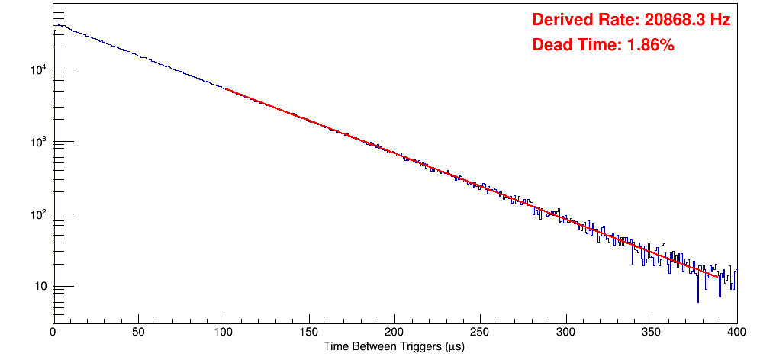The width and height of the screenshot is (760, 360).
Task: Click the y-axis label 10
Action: tap(40, 287)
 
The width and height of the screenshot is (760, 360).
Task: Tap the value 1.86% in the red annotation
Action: tap(650, 45)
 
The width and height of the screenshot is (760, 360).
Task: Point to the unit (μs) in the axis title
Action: tap(452, 346)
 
